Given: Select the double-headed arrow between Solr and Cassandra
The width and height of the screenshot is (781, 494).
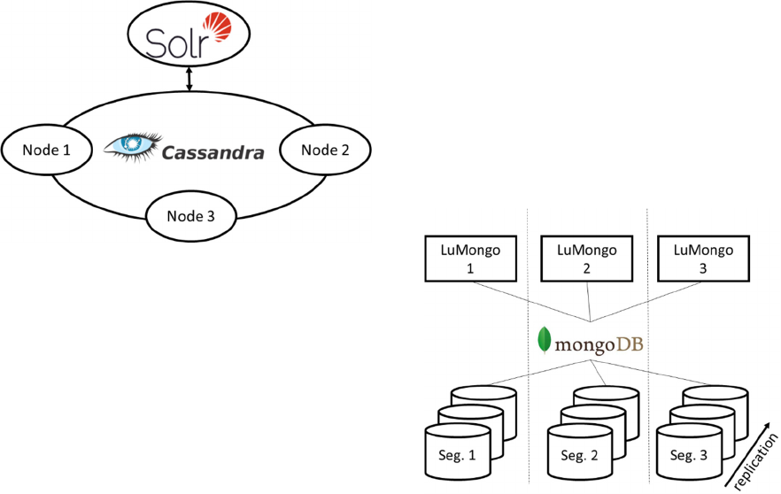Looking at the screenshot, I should point(189,79).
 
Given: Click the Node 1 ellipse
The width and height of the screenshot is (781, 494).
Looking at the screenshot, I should point(48,150).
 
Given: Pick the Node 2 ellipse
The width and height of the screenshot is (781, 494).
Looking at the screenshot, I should point(325,150).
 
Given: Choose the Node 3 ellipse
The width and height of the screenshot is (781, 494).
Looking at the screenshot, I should point(189,215).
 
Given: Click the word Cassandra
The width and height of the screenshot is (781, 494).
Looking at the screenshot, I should point(213,152).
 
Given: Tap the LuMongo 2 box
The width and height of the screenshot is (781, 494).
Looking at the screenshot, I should point(587,259).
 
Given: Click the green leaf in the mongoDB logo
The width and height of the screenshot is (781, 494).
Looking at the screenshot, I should point(545,341).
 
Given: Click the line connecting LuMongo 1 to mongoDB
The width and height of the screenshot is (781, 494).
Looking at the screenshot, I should point(531,302).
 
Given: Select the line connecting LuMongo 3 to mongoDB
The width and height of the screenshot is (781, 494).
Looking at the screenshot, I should point(646,302).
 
